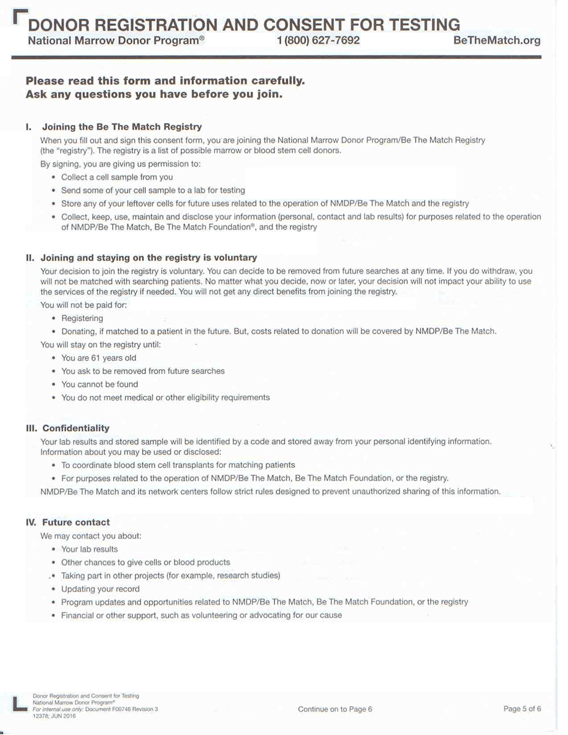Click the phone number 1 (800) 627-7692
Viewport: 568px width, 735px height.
click(x=317, y=41)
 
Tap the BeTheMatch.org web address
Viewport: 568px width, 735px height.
click(x=497, y=41)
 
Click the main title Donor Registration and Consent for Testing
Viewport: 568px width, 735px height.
click(x=244, y=24)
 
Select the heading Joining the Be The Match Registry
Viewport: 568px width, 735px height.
click(x=121, y=127)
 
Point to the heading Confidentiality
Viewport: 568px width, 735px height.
click(x=75, y=428)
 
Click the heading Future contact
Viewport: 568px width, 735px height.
click(x=76, y=522)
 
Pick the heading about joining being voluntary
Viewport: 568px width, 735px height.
click(x=149, y=258)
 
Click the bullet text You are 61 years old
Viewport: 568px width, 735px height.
click(x=99, y=358)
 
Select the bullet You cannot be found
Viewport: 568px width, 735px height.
click(x=99, y=384)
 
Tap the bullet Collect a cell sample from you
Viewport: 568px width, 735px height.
click(x=117, y=177)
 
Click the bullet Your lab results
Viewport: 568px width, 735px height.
click(x=89, y=549)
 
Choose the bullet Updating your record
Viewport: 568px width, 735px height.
click(x=100, y=589)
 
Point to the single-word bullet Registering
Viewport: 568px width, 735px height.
click(x=82, y=318)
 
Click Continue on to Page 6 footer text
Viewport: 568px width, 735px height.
click(x=335, y=709)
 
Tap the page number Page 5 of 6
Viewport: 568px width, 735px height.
click(x=522, y=709)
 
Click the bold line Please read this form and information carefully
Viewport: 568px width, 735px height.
click(x=165, y=80)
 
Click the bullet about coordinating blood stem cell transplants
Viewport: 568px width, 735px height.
click(x=178, y=465)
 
